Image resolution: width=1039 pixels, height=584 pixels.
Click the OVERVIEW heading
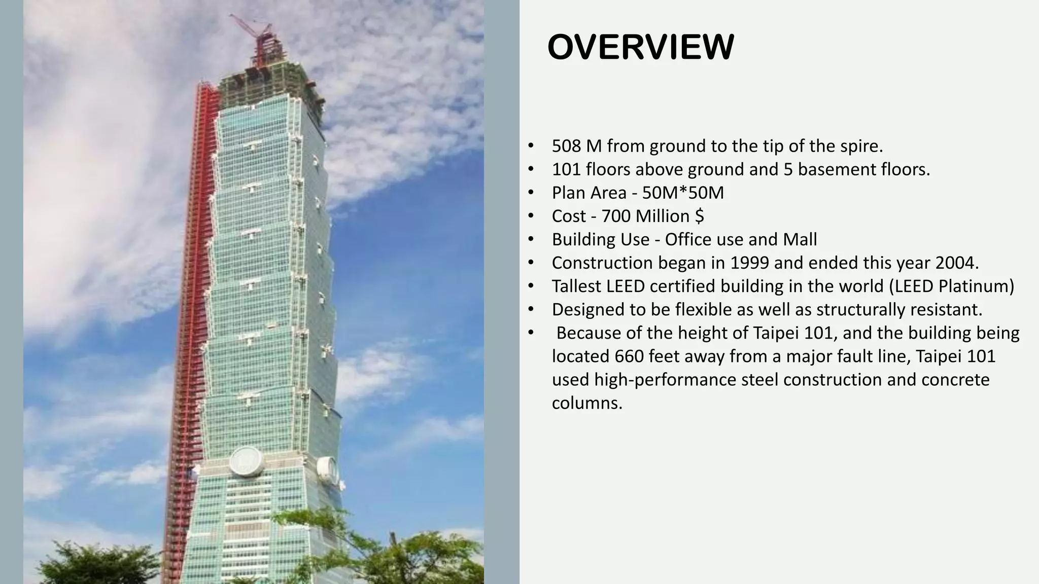640,47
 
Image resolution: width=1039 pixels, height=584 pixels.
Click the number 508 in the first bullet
567,146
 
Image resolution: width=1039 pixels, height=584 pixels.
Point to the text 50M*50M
683,193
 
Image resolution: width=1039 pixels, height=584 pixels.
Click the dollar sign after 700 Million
700,216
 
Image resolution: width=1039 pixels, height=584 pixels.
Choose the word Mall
800,239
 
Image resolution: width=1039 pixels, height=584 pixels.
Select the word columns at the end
586,403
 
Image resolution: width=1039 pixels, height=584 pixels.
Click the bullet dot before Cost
531,216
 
